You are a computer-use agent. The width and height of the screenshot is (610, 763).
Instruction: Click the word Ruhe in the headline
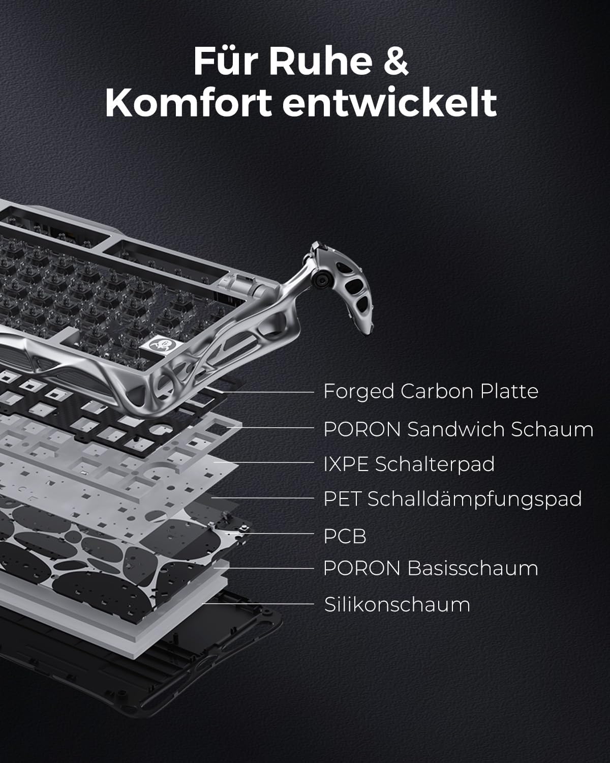click(x=321, y=61)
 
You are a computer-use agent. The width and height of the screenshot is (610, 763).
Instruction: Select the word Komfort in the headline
click(x=189, y=103)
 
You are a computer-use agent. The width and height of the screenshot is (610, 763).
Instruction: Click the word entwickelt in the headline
click(x=389, y=103)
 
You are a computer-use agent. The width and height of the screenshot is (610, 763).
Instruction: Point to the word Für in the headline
click(x=226, y=61)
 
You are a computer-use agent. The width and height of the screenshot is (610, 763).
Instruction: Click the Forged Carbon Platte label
click(x=431, y=392)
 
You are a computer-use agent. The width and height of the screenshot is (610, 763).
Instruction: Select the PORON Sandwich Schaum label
click(x=459, y=429)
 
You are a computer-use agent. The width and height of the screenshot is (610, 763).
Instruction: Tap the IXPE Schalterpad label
click(x=409, y=464)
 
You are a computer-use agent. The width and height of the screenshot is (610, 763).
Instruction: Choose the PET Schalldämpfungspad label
click(x=452, y=499)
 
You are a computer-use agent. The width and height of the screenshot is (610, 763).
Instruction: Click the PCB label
click(x=345, y=536)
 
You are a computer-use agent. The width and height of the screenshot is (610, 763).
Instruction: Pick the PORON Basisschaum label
click(x=431, y=569)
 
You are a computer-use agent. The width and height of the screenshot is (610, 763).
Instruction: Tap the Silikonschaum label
click(x=397, y=605)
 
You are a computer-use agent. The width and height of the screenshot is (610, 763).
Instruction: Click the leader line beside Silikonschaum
click(x=258, y=603)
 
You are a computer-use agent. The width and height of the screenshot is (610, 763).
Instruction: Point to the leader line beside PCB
click(x=269, y=533)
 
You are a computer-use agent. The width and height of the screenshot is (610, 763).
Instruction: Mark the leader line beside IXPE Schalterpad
click(x=264, y=462)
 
